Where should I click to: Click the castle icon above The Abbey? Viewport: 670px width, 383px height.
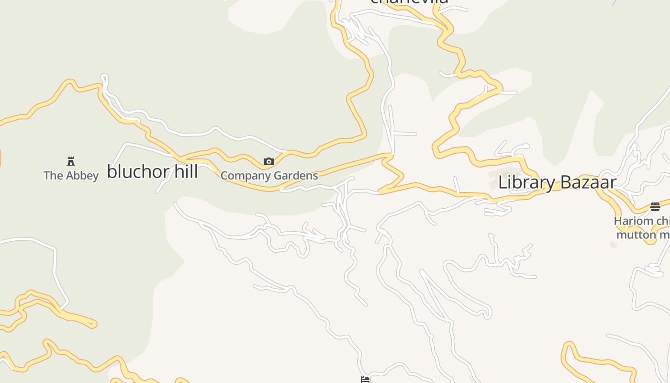pos(71,161)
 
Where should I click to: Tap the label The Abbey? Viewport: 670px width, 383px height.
pos(71,176)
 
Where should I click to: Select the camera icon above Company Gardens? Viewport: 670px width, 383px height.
pos(269,162)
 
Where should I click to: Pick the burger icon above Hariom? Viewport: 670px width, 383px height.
pos(655,207)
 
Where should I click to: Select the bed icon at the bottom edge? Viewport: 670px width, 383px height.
pos(365,380)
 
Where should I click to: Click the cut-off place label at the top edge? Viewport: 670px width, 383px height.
pos(409,1)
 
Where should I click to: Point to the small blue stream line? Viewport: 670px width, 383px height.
pos(614,2)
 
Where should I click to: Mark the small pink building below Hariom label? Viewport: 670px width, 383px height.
pos(614,245)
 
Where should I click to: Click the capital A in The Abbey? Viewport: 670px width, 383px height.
pos(66,176)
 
